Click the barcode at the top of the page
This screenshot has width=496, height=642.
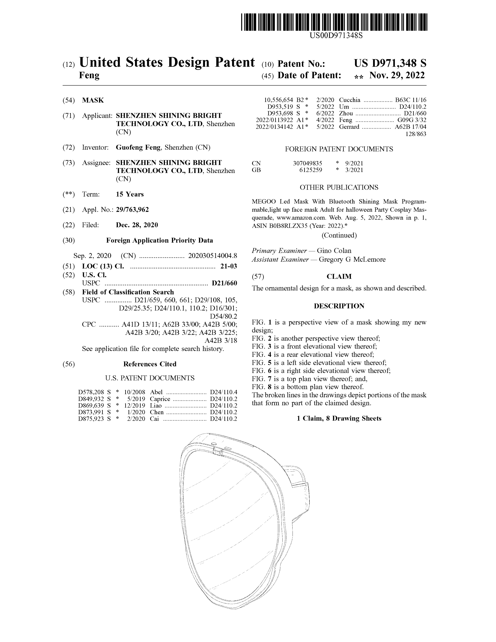(x=334, y=22)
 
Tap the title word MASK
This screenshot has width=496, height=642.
(x=93, y=100)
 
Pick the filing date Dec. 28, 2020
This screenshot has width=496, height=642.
(x=137, y=225)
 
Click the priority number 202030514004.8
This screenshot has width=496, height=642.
(x=212, y=255)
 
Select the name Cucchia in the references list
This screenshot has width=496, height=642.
(x=349, y=100)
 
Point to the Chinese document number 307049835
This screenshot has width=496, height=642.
(x=307, y=163)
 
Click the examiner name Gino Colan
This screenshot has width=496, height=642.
(x=334, y=251)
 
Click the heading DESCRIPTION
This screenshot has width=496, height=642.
(x=339, y=306)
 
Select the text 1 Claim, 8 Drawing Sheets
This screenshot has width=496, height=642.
(x=339, y=418)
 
